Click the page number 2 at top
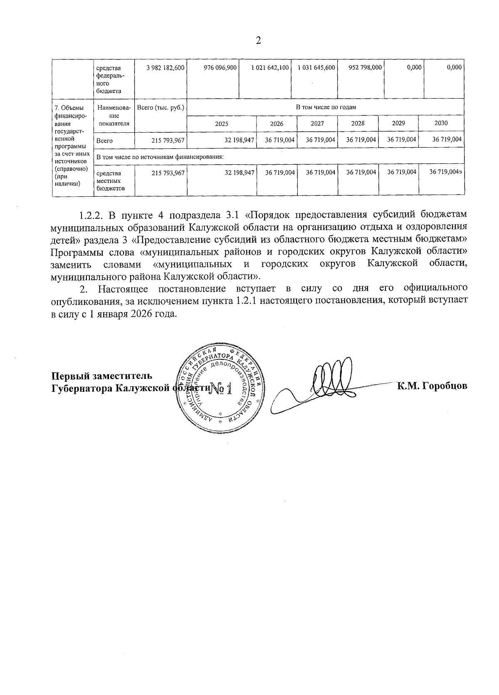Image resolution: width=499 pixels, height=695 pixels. [x=258, y=41]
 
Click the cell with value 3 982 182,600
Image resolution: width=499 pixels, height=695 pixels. [x=166, y=67]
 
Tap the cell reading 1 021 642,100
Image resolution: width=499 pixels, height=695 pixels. [x=270, y=67]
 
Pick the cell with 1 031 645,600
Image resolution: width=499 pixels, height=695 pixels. [x=316, y=67]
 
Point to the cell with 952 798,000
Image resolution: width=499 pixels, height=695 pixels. [x=365, y=67]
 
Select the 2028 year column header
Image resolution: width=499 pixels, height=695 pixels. [x=358, y=124]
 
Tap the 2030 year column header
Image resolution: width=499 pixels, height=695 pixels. [x=441, y=123]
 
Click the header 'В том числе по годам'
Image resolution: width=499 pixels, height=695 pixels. [x=326, y=107]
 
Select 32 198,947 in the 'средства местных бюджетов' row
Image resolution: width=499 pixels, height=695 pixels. [x=239, y=173]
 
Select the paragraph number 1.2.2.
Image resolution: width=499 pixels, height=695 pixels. [x=91, y=215]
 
